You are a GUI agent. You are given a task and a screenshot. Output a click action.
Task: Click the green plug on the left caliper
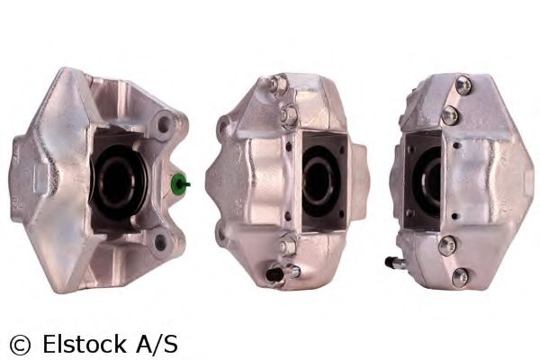181,185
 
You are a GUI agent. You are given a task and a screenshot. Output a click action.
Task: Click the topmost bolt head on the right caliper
463,85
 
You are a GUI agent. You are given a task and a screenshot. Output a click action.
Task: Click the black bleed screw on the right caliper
393,262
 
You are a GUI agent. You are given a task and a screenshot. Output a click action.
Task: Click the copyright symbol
19,344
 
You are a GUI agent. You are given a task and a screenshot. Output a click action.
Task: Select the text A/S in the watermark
156,343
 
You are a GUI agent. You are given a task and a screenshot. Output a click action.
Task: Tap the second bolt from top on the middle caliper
290,115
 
